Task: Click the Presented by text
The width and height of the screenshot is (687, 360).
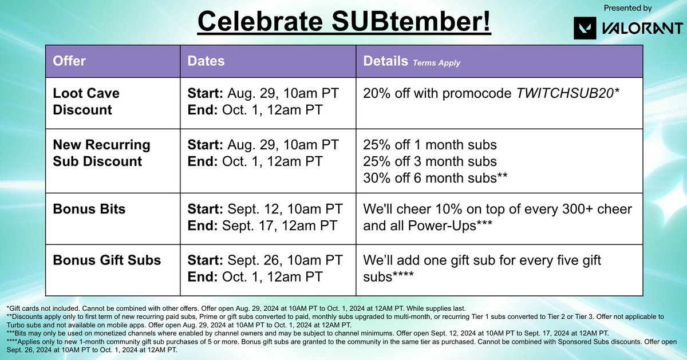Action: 627,8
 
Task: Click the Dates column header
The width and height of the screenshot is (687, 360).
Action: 206,61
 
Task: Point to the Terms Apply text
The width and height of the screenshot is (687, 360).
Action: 436,63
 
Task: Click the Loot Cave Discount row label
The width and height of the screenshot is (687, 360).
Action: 86,101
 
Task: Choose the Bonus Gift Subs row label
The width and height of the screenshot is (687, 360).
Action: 106,260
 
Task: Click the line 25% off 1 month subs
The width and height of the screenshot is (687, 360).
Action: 430,144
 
